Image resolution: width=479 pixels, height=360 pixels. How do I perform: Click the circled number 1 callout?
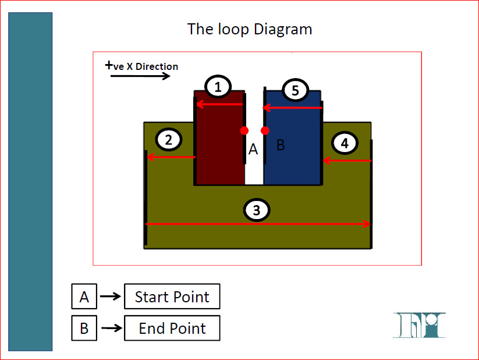pyautogui.click(x=218, y=87)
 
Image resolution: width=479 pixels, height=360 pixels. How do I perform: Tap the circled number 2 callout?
pyautogui.click(x=169, y=139)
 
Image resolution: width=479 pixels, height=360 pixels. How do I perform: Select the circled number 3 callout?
pyautogui.click(x=257, y=210)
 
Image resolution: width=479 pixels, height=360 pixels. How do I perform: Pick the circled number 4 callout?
pyautogui.click(x=345, y=143)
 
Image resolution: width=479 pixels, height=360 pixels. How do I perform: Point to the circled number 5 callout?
pyautogui.click(x=295, y=90)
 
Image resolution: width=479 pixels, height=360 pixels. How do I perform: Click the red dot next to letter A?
pyautogui.click(x=244, y=130)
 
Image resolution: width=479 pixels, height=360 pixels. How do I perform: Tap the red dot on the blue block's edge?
pyautogui.click(x=265, y=130)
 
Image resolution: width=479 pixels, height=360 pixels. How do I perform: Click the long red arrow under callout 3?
pyautogui.click(x=258, y=224)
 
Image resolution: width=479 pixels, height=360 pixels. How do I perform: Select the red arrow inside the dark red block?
pyautogui.click(x=219, y=104)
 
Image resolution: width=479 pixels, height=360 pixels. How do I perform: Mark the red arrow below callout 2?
pyautogui.click(x=171, y=157)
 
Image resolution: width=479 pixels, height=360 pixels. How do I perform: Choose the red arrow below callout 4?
pyautogui.click(x=347, y=160)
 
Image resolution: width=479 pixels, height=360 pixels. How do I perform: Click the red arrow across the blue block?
pyautogui.click(x=292, y=108)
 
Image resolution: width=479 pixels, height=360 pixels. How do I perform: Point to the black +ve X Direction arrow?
pyautogui.click(x=140, y=76)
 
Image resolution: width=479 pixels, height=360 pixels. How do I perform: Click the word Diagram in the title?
pyautogui.click(x=283, y=29)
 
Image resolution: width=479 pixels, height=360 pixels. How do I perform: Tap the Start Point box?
pyautogui.click(x=172, y=297)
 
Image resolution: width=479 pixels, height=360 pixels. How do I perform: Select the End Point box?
pyautogui.click(x=172, y=328)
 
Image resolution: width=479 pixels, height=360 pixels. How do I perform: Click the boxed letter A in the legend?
pyautogui.click(x=84, y=297)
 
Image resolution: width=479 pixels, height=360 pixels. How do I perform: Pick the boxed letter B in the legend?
pyautogui.click(x=84, y=328)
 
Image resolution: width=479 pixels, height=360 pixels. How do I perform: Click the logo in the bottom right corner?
pyautogui.click(x=419, y=325)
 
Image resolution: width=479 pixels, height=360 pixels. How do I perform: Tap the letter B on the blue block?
pyautogui.click(x=281, y=145)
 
